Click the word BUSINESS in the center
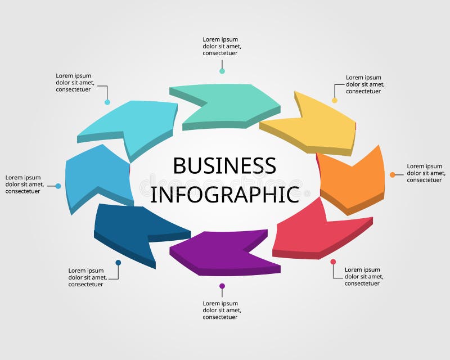[x=224, y=166]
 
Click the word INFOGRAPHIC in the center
[x=224, y=194]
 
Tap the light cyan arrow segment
[x=135, y=124]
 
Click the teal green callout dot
[x=222, y=71]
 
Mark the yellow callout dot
[x=335, y=100]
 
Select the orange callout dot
[x=392, y=175]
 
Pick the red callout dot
[x=333, y=262]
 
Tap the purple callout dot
[x=222, y=286]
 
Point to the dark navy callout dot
[x=118, y=263]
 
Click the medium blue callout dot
[x=58, y=186]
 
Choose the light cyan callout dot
[x=107, y=102]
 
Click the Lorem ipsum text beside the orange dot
[x=425, y=173]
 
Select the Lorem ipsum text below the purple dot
[x=222, y=310]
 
